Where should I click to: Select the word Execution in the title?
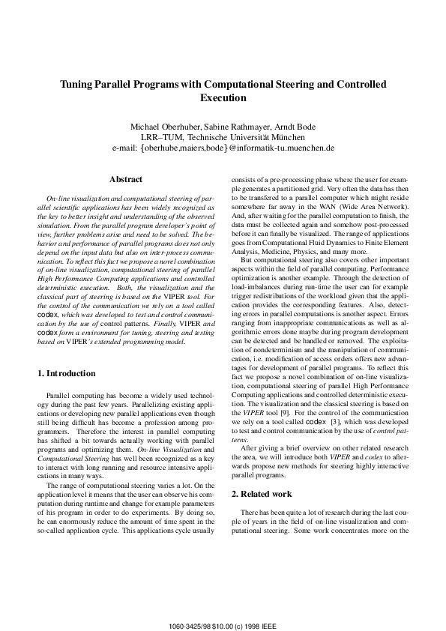point(223,97)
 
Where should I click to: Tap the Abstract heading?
point(126,180)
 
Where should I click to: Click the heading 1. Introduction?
point(67,373)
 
